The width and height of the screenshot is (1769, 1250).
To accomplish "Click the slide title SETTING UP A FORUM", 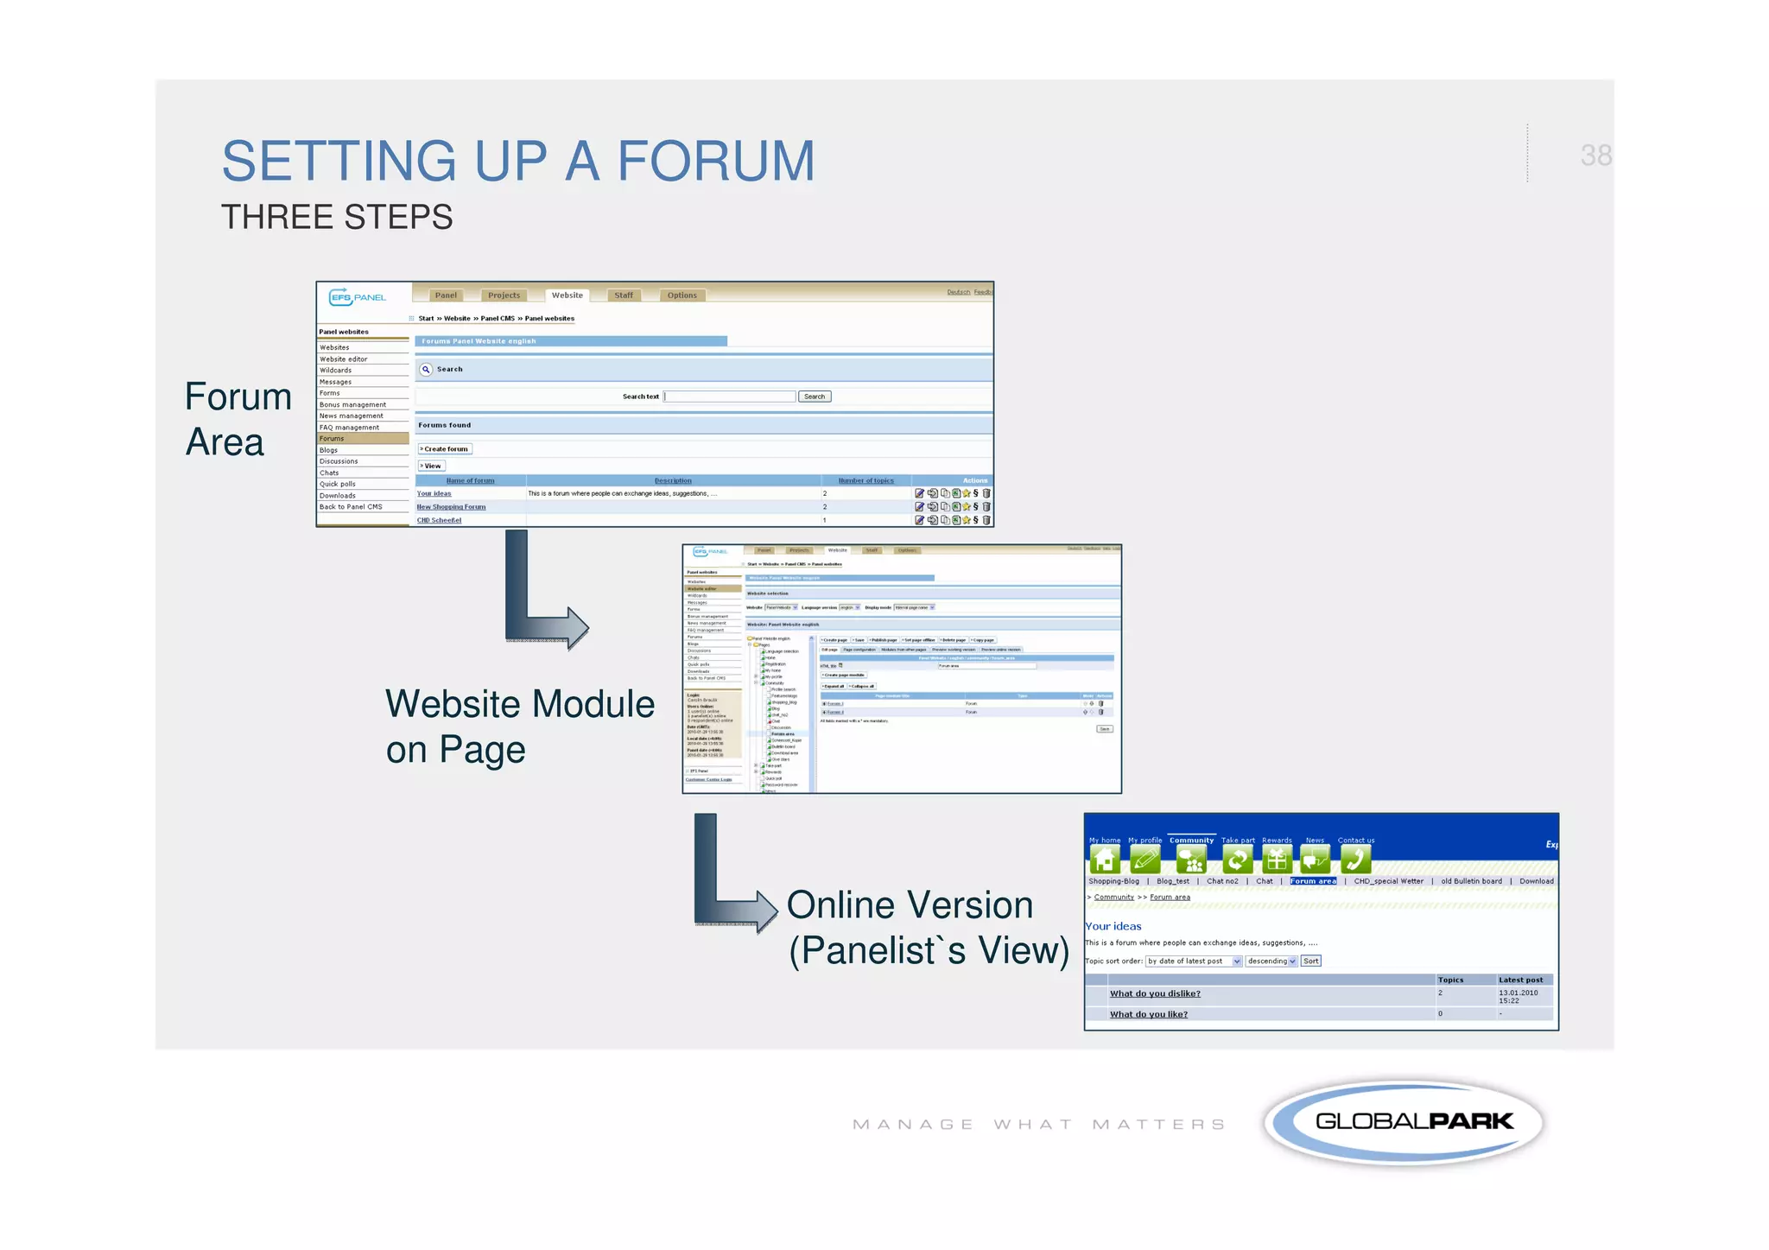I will click(518, 162).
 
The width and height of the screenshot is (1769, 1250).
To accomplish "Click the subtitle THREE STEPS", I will click(337, 217).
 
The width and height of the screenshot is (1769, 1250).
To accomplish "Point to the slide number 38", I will click(1595, 155).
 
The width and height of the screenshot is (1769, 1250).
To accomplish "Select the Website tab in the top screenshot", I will click(567, 295).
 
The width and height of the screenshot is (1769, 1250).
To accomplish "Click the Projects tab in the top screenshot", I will click(504, 295).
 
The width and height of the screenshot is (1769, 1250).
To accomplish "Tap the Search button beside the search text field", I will click(814, 397).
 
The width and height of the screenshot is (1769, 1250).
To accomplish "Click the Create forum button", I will click(445, 449).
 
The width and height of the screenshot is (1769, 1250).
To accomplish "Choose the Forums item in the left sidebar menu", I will click(333, 439).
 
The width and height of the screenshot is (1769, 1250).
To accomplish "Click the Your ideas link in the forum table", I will click(434, 494).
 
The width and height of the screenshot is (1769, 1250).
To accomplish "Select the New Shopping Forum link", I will click(451, 507).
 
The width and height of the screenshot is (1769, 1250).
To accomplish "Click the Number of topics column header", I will click(865, 480).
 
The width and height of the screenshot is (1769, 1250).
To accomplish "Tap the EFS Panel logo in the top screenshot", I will click(358, 297).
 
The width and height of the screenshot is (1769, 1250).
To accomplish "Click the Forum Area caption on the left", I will click(238, 419).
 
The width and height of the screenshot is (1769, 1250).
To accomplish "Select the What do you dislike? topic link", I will click(1154, 993).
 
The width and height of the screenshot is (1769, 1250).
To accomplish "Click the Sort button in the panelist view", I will click(1310, 961).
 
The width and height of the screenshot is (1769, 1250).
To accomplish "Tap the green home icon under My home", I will click(1105, 860).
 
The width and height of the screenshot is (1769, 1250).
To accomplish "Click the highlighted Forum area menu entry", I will click(1313, 881).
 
